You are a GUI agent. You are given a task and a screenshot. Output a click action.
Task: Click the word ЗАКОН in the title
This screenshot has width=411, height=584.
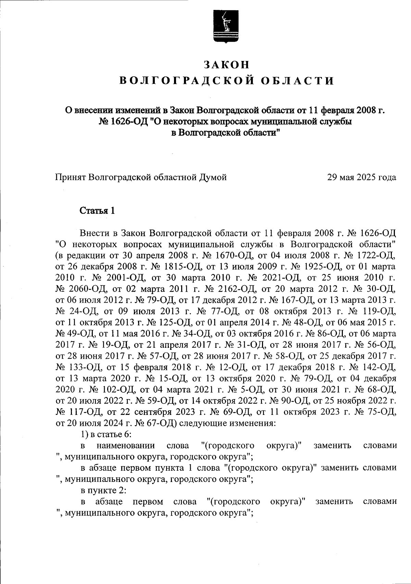[x=226, y=65]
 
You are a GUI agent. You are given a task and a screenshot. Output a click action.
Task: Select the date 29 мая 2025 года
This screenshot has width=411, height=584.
[x=362, y=177]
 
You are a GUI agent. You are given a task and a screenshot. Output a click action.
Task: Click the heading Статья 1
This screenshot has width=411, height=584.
[x=97, y=211]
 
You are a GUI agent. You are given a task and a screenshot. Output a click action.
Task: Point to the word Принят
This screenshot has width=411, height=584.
[x=71, y=177]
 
